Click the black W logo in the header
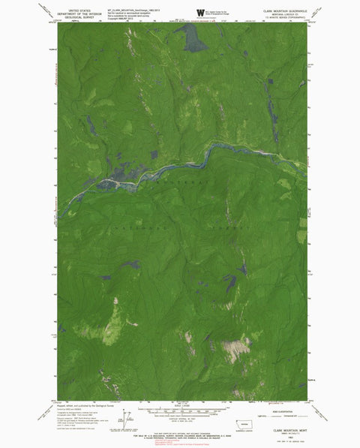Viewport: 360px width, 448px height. [199, 12]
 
